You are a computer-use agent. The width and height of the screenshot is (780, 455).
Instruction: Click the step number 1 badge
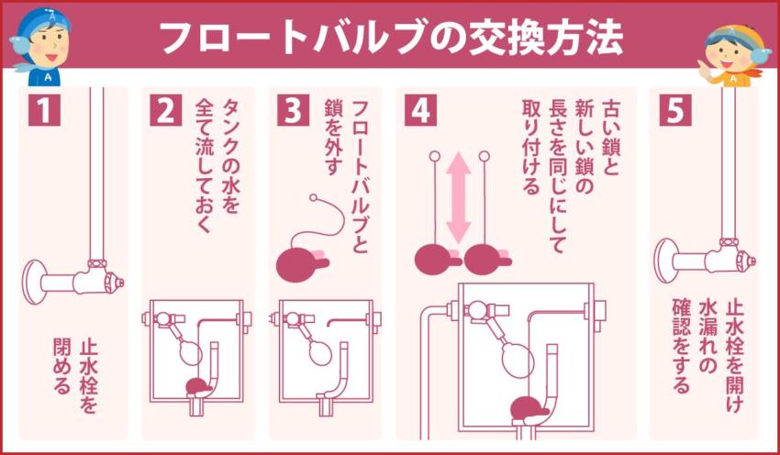(43, 112)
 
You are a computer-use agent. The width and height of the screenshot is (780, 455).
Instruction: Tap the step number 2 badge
(166, 112)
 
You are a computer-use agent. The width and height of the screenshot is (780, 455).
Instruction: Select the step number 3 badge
(293, 112)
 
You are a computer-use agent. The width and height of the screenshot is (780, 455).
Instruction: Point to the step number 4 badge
(419, 112)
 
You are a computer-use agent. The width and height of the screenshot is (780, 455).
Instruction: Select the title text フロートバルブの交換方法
(390, 37)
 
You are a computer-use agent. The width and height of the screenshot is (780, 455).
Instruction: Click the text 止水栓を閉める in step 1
(74, 366)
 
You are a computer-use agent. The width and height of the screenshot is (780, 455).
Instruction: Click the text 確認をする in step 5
(682, 344)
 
